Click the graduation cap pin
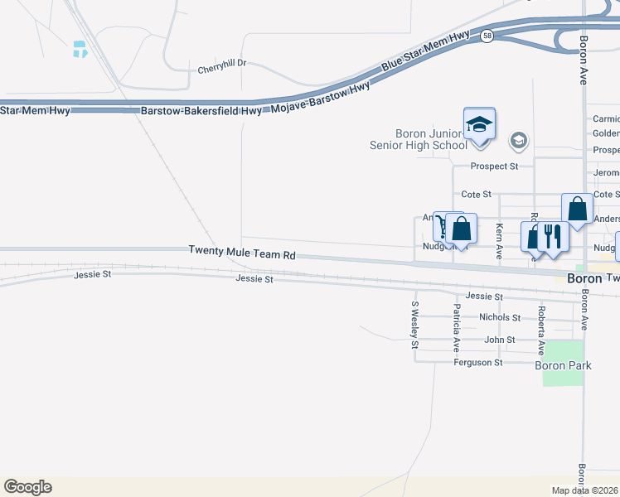(479, 124)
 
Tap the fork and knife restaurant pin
(552, 236)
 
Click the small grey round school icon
(519, 140)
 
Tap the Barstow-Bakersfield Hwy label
(201, 109)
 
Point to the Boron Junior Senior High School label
(419, 139)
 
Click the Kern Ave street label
(499, 238)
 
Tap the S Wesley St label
(414, 325)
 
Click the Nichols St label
(500, 317)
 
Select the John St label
(500, 340)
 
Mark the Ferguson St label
(478, 363)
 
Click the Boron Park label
(563, 365)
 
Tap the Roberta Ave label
(540, 330)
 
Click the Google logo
(27, 487)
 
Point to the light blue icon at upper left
(80, 49)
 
